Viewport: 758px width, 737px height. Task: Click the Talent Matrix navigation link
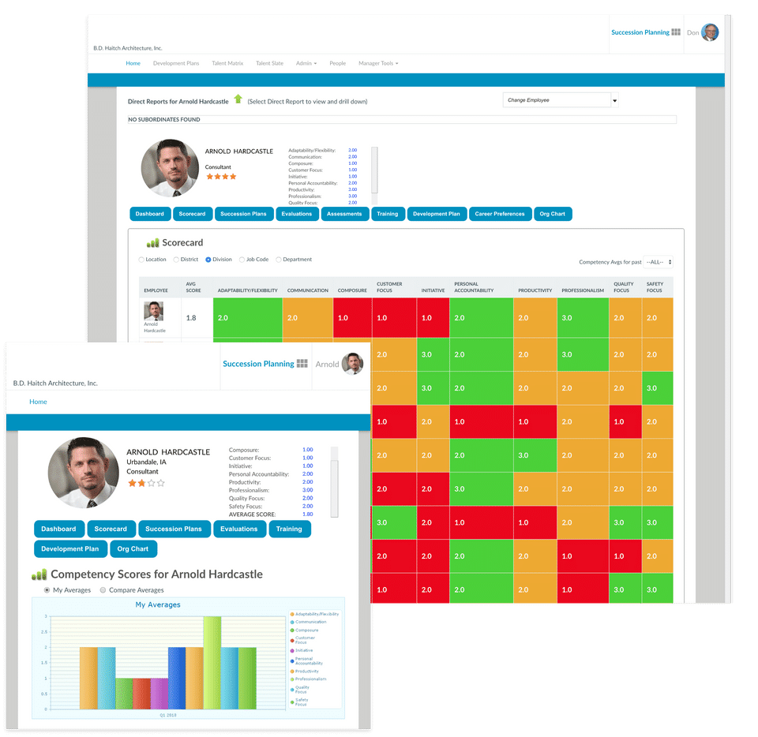227,63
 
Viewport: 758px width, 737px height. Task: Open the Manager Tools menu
377,63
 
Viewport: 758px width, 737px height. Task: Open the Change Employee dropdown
560,100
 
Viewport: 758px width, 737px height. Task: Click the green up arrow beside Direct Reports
238,99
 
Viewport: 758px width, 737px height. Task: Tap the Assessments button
344,214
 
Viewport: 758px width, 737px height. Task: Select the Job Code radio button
242,260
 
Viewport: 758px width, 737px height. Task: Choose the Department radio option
279,260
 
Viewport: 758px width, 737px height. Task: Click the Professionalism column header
582,290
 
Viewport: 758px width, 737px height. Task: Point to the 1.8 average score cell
191,318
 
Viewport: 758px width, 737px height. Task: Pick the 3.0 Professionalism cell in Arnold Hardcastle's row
582,318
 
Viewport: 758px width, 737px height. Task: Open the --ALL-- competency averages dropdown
659,262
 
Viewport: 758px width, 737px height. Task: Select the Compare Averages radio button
103,590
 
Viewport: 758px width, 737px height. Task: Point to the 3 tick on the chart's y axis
46,616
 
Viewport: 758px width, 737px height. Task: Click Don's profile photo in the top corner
710,32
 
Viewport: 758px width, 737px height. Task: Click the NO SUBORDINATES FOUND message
164,120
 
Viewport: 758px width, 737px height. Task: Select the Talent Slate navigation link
269,63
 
